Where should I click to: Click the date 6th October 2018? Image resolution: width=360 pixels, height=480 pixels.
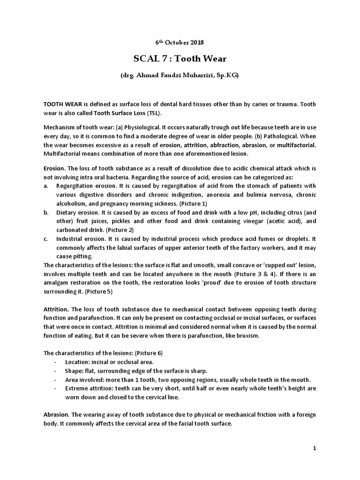180,42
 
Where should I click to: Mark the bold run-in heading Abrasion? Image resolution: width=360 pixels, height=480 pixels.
56,415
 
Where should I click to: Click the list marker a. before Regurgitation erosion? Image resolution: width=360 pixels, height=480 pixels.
46,186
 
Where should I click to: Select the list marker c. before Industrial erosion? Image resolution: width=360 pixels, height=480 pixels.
46,239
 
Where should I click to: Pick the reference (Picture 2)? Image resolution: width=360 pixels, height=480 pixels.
120,230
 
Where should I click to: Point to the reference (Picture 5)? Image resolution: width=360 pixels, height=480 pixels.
97,291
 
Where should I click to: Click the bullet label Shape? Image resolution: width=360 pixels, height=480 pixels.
75,370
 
